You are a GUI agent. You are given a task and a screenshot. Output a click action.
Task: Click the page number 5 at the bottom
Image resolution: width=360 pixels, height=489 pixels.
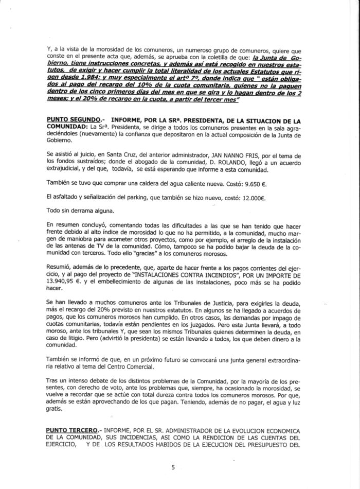tap(173, 467)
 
